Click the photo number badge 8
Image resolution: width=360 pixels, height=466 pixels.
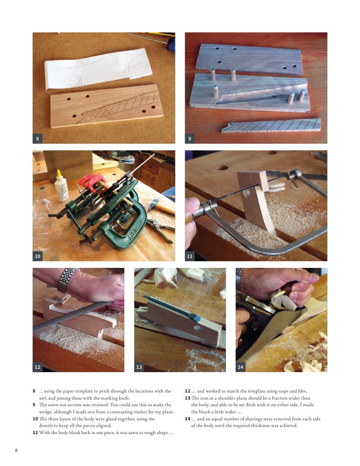(37, 138)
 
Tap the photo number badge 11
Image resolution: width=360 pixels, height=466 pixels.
(190, 256)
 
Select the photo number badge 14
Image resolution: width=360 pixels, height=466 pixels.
(240, 367)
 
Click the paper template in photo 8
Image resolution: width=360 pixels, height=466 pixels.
(98, 69)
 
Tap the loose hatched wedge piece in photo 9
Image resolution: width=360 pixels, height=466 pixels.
(271, 125)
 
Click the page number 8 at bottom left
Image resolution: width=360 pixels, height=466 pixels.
(16, 450)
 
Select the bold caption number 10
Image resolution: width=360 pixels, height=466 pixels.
(35, 419)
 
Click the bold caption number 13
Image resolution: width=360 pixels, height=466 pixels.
(187, 398)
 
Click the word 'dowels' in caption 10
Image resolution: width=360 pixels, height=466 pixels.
(46, 426)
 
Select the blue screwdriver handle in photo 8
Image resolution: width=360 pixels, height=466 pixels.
(171, 44)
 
